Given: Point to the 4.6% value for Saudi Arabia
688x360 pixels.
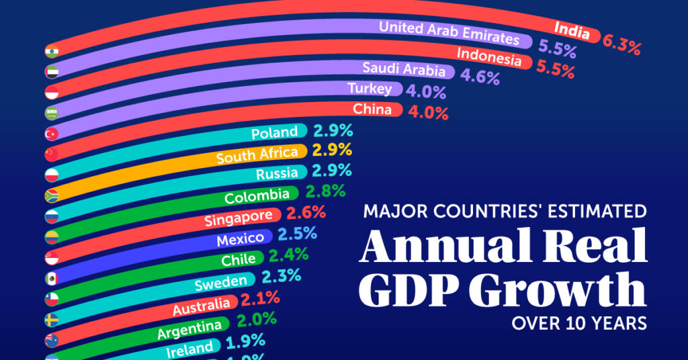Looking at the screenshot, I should (480, 75).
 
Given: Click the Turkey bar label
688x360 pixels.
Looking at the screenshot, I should (370, 88).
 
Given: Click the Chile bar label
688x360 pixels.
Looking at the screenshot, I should (239, 259).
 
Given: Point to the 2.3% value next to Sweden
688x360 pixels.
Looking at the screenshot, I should (281, 276).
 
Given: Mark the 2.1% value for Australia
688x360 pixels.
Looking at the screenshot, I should (260, 298).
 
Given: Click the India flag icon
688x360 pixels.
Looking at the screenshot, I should (51, 52).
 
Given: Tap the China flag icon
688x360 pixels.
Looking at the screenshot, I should (51, 154).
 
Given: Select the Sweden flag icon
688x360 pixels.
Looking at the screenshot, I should (51, 318).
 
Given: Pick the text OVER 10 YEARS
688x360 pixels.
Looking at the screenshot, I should (579, 323).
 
